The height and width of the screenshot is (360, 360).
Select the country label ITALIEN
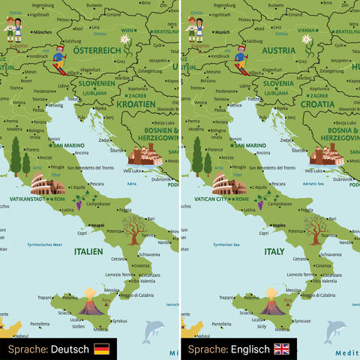tap(88, 253)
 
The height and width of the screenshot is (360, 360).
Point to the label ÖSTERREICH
tap(97, 50)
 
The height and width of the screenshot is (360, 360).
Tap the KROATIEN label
tap(135, 104)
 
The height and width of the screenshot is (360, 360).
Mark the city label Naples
tap(279, 224)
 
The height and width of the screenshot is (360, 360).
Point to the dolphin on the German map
tap(154, 331)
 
